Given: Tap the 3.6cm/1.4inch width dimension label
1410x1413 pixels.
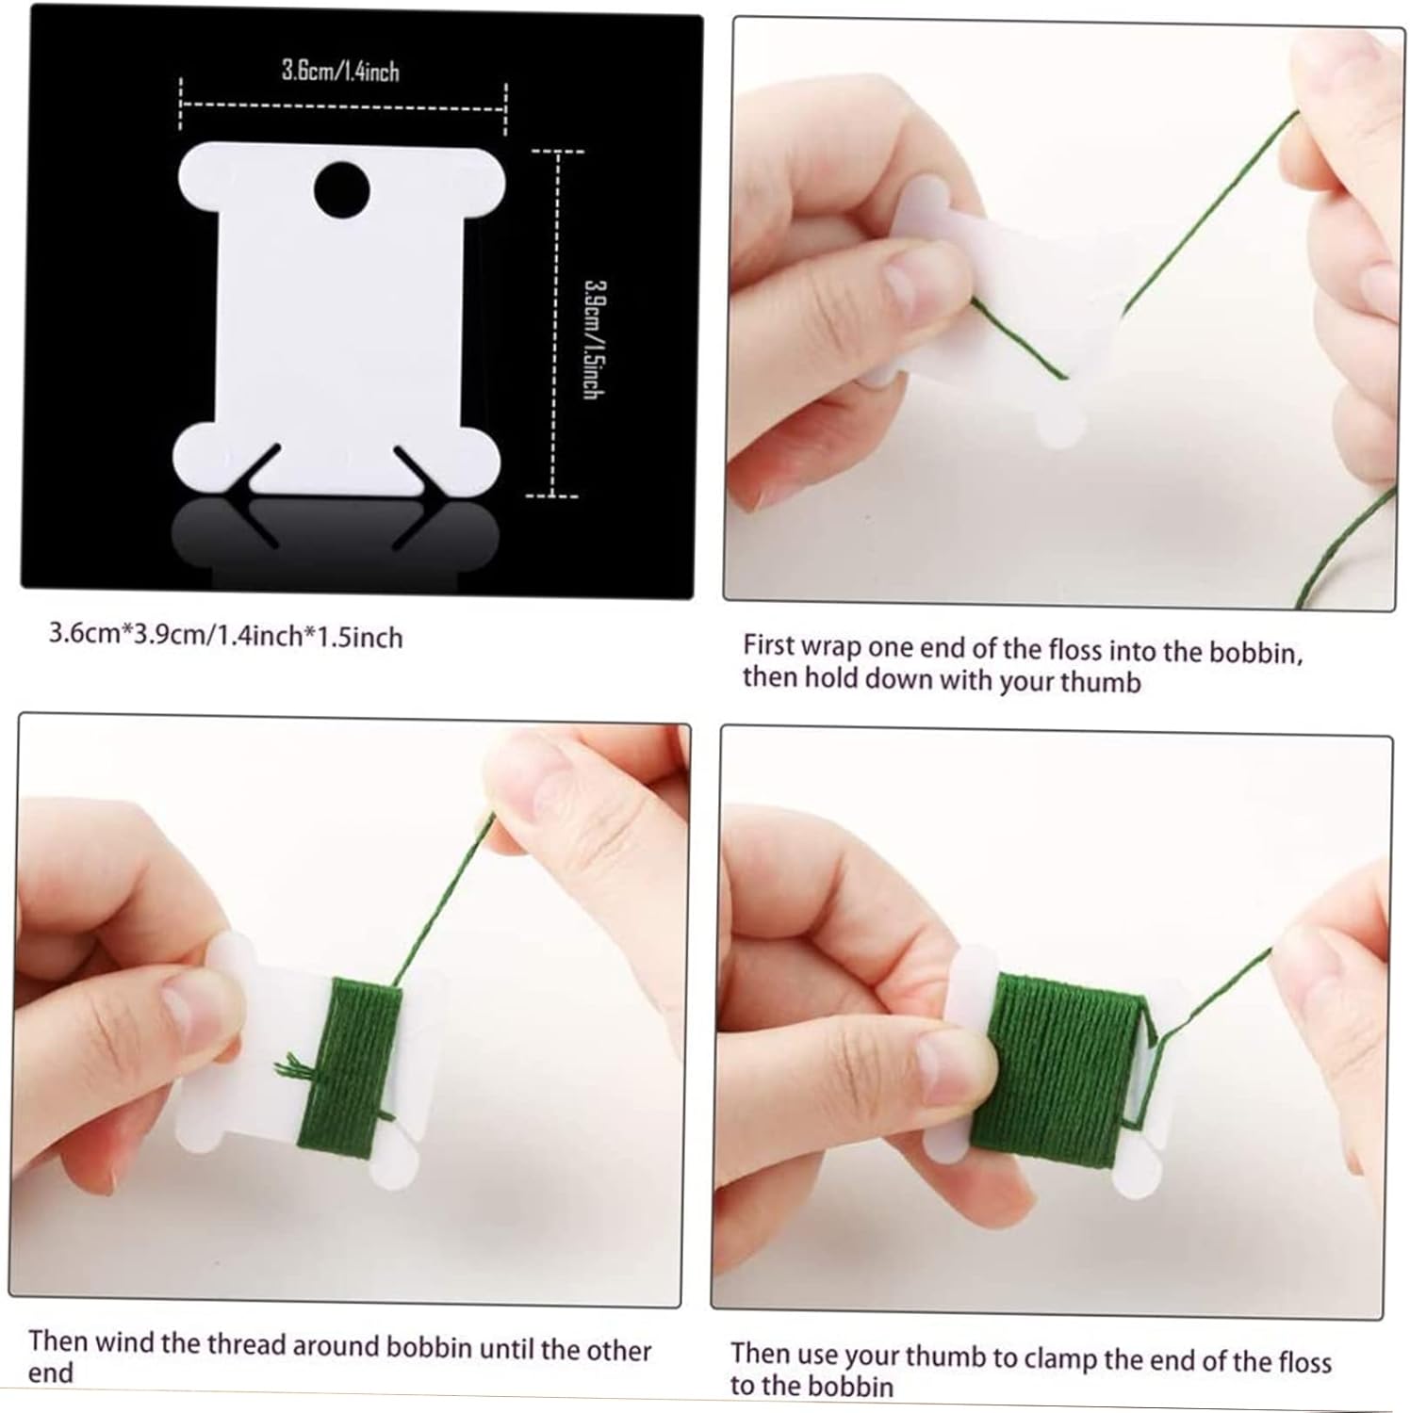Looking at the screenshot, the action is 340,71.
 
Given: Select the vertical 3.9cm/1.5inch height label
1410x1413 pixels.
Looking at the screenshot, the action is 593,339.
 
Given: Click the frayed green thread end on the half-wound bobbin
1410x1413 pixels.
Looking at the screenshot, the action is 291,1066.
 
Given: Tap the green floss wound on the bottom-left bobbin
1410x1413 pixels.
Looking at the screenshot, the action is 351,1063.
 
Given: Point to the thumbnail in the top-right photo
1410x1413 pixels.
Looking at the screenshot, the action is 910,281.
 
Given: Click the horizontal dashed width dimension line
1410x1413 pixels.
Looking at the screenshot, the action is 343,106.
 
